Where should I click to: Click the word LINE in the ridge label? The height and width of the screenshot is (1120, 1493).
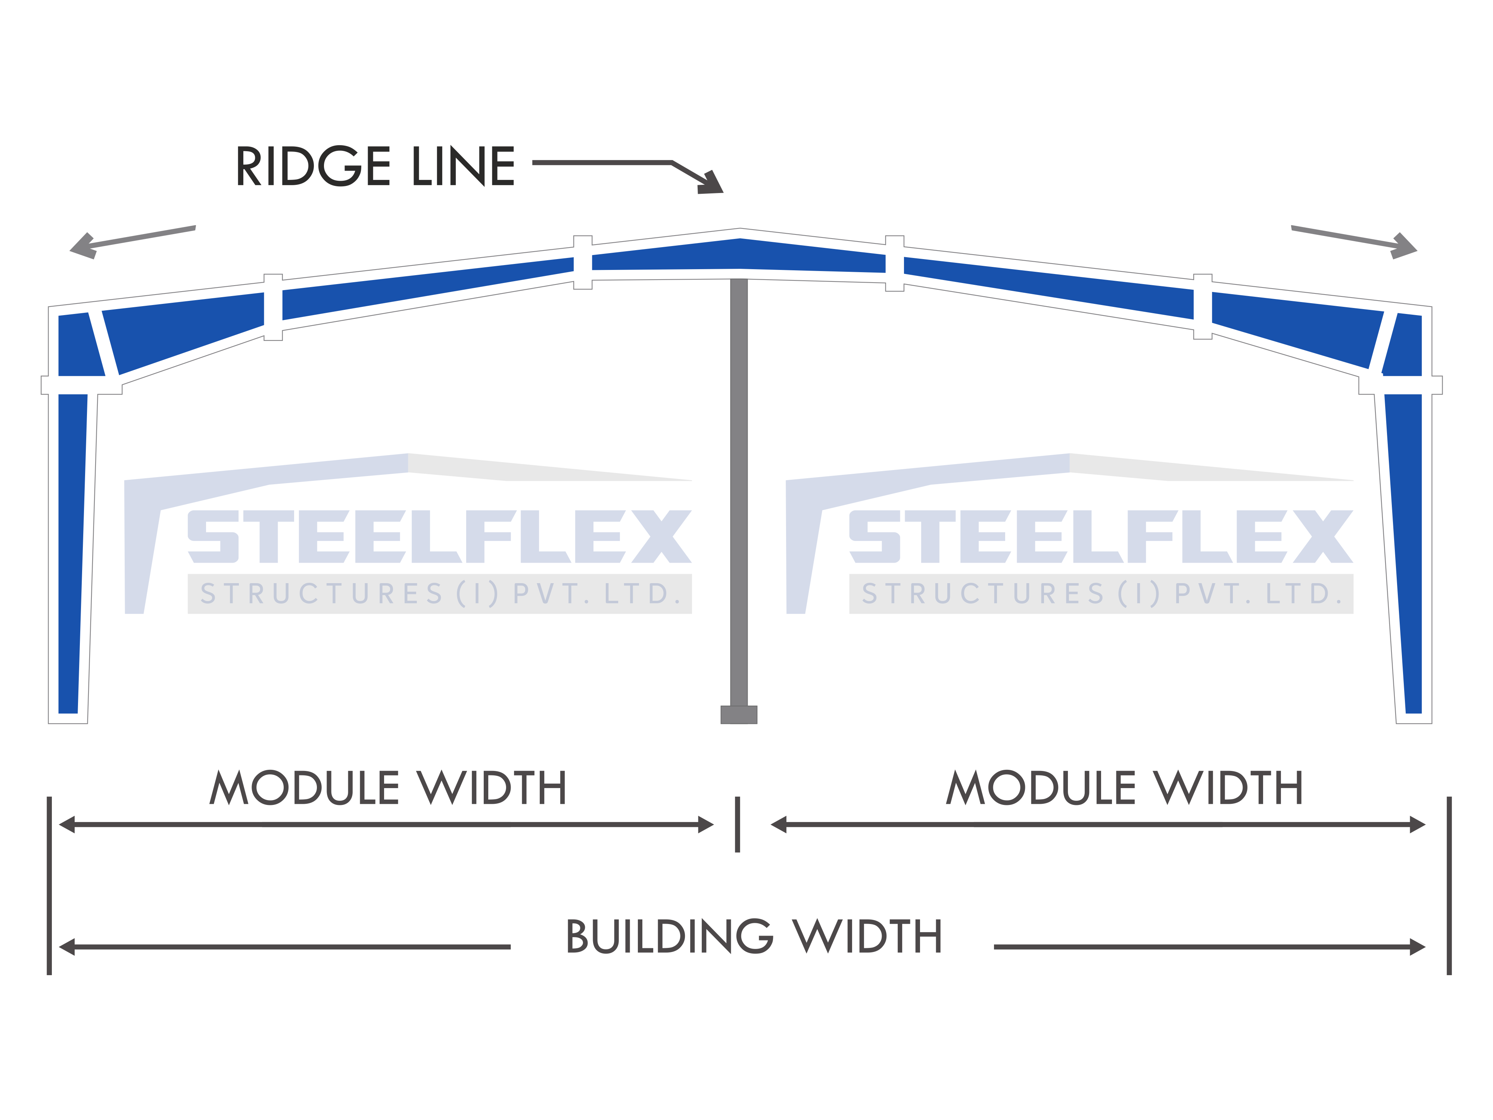click(x=464, y=166)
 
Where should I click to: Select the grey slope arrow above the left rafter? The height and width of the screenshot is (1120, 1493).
click(x=132, y=242)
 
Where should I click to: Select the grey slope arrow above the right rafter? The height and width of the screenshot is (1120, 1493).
click(x=1354, y=242)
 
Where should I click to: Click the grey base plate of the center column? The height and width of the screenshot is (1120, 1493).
click(x=739, y=714)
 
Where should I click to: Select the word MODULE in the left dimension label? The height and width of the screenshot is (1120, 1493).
click(x=305, y=788)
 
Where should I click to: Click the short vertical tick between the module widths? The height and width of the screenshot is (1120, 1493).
click(x=738, y=824)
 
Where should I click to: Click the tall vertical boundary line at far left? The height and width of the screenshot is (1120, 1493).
click(x=49, y=886)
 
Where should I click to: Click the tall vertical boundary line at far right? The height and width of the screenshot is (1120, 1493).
click(x=1449, y=886)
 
